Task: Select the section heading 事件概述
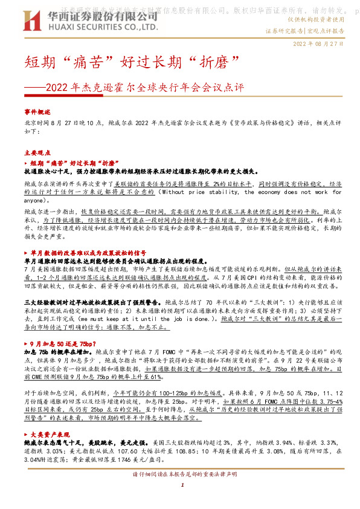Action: [38, 112]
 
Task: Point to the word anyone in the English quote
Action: [36, 199]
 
